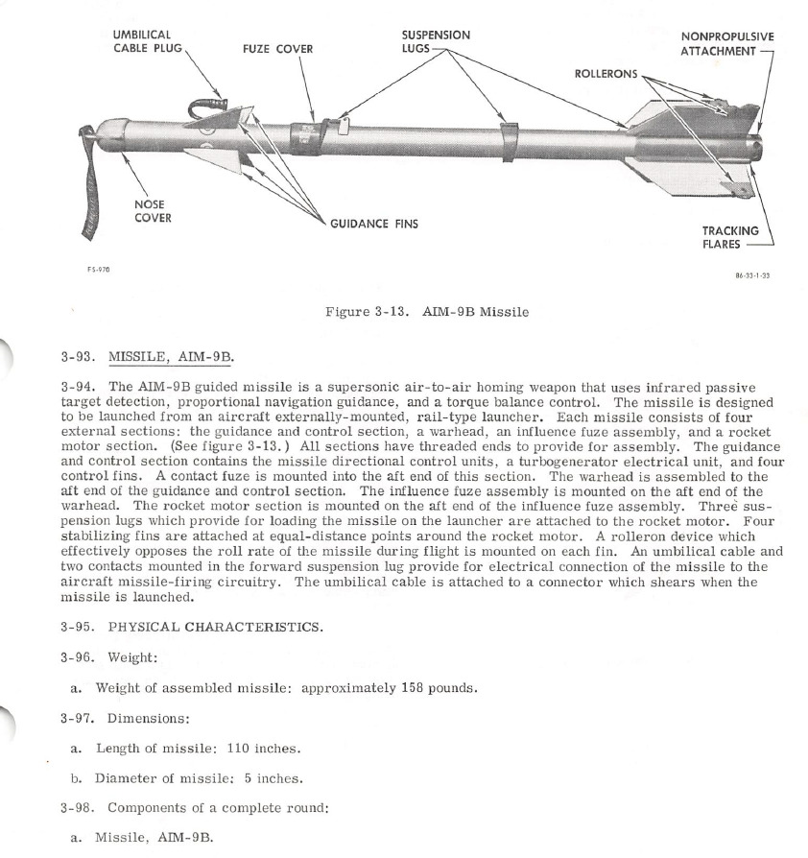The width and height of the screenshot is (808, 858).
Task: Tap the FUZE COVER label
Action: click(x=277, y=49)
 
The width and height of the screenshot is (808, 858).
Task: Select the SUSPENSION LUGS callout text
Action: click(x=435, y=40)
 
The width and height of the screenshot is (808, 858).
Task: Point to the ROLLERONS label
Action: click(x=606, y=74)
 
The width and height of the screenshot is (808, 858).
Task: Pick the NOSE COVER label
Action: click(x=153, y=210)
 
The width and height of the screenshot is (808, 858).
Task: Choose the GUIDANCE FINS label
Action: click(x=373, y=224)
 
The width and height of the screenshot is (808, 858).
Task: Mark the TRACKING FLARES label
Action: click(x=728, y=237)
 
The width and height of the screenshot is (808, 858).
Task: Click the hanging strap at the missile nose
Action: click(x=89, y=192)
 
